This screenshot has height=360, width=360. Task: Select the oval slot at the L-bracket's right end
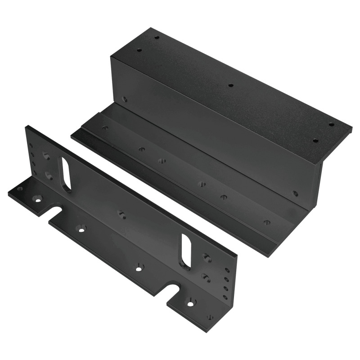click(x=186, y=250)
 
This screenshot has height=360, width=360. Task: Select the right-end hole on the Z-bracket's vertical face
click(x=295, y=193)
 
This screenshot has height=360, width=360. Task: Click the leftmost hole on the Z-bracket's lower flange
click(x=105, y=128)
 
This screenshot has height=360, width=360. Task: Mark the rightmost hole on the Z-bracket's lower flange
click(x=267, y=221)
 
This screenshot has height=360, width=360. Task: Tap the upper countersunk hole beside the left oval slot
click(x=46, y=157)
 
